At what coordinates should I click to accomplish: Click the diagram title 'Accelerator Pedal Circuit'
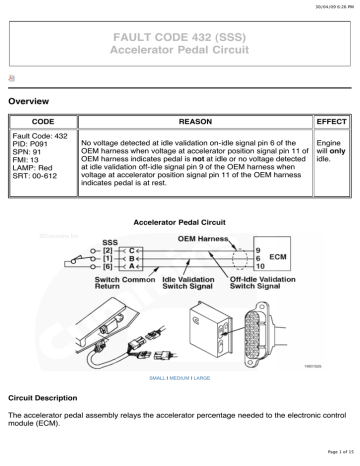tap(180, 219)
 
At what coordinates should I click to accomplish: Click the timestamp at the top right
tap(326, 6)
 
